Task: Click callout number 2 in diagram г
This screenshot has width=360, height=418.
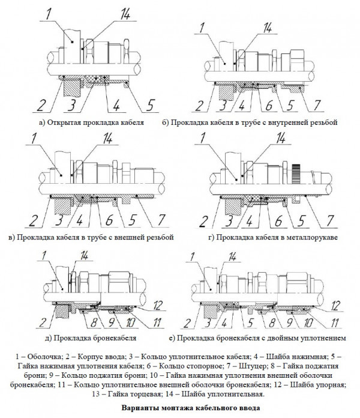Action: pyautogui.click(x=209, y=220)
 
